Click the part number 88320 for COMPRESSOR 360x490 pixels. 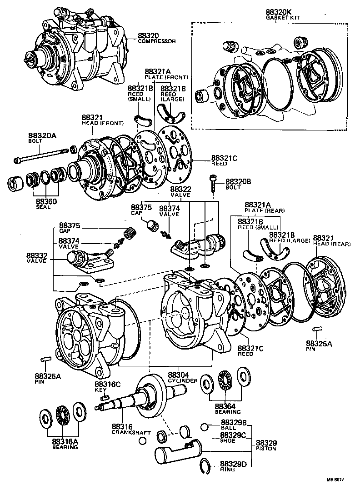click(149, 35)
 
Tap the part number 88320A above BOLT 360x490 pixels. click(42, 135)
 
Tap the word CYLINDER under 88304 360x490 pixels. click(184, 380)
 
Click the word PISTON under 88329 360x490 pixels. click(267, 448)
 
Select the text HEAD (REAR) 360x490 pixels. click(332, 244)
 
